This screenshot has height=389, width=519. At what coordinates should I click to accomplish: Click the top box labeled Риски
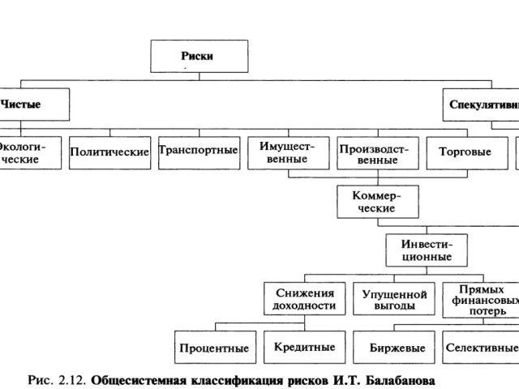click(197, 56)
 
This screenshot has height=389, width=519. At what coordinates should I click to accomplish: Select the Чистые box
click(22, 104)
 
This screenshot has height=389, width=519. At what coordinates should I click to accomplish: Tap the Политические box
click(109, 152)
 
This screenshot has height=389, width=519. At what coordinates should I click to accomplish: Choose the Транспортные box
click(199, 151)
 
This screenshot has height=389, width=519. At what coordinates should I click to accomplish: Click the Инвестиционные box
click(427, 250)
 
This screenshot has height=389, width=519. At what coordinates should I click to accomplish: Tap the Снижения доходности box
click(304, 298)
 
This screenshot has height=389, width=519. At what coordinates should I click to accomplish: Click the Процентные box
click(214, 348)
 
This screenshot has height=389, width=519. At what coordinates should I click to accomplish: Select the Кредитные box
click(303, 347)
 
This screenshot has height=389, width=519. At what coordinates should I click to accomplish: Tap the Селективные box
click(481, 347)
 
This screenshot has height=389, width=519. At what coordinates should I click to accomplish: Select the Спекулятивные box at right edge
click(483, 104)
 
